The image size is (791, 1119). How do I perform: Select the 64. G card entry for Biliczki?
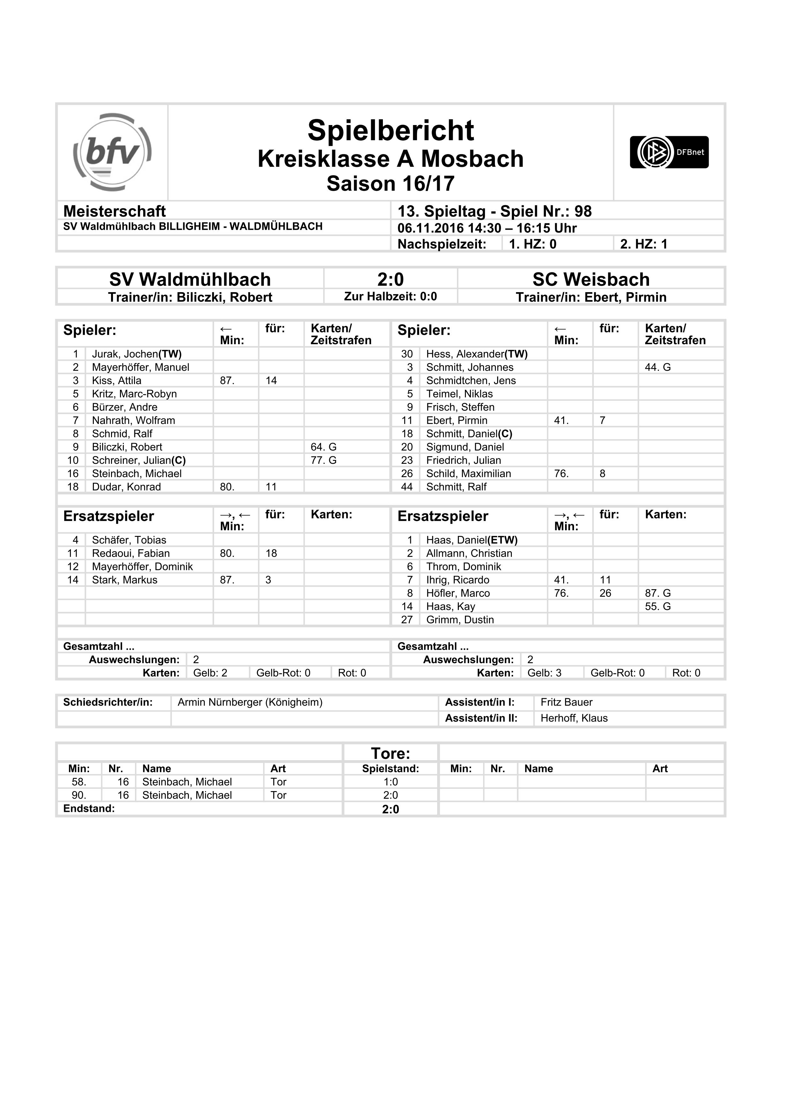click(323, 447)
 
